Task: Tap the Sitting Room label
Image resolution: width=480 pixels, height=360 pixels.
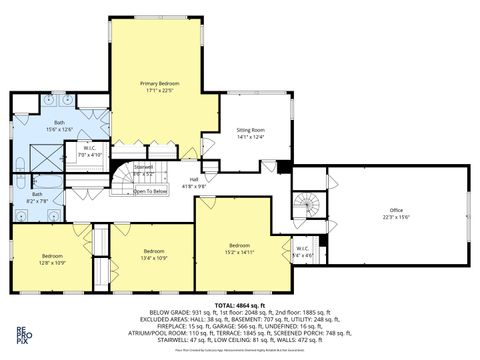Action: tap(250, 134)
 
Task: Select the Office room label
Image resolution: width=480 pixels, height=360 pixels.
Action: tap(396, 214)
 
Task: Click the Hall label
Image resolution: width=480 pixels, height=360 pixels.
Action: tap(194, 183)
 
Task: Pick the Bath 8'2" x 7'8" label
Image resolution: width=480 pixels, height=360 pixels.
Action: tap(37, 197)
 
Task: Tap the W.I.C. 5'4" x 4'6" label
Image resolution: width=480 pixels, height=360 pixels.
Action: tap(302, 252)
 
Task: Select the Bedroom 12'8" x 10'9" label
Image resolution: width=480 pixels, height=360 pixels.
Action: tap(53, 258)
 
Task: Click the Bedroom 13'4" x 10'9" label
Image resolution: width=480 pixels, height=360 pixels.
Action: tap(153, 254)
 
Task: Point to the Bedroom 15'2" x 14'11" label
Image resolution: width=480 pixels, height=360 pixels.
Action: tap(239, 248)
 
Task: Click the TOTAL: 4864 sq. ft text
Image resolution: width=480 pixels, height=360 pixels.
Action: tap(240, 304)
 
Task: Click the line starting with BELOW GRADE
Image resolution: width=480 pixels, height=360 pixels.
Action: tap(240, 312)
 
